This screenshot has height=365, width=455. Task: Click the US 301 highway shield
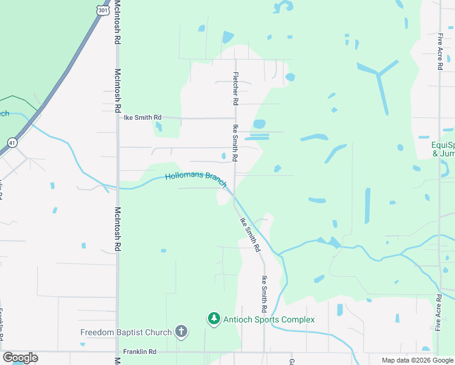pos(103,10)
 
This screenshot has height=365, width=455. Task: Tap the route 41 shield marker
pos(12,142)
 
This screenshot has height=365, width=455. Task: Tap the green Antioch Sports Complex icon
pos(214,318)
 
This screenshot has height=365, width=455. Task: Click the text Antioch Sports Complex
pos(268,319)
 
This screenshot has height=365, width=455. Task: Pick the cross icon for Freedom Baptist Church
pos(181,332)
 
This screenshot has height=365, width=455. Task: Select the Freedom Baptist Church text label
pos(127,332)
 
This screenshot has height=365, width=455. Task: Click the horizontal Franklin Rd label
pos(140,352)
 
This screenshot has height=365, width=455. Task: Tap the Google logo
pos(20,358)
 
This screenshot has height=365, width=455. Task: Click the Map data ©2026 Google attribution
pos(418,360)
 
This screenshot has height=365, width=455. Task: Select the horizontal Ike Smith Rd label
pos(143,117)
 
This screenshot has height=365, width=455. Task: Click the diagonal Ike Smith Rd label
pos(250,235)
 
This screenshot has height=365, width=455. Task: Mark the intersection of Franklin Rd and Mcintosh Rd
pos(117,352)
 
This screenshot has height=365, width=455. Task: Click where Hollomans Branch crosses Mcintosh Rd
pos(117,188)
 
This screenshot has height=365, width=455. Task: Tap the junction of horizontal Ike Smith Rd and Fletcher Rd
pos(235,118)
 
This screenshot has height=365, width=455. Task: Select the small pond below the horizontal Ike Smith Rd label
pos(159,127)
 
